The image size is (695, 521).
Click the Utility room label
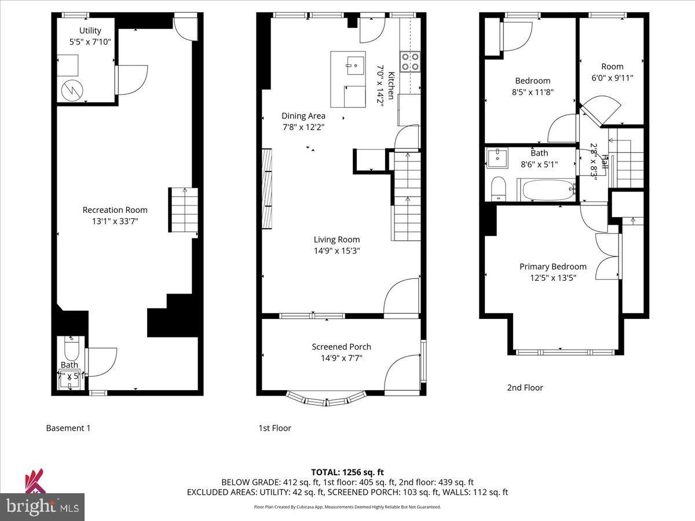click(90, 30)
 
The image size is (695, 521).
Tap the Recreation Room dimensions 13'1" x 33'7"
click(115, 221)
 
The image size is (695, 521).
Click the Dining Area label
click(303, 116)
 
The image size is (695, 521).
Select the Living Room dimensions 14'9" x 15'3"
click(336, 251)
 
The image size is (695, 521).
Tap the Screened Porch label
click(341, 347)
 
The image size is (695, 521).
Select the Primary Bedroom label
click(553, 266)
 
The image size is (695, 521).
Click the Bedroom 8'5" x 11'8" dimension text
click(532, 91)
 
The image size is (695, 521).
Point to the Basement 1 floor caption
click(68, 428)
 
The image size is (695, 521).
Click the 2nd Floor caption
click(525, 388)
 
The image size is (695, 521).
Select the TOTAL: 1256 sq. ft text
click(347, 471)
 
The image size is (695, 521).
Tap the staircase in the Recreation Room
click(183, 212)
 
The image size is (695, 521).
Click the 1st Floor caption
click(275, 428)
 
